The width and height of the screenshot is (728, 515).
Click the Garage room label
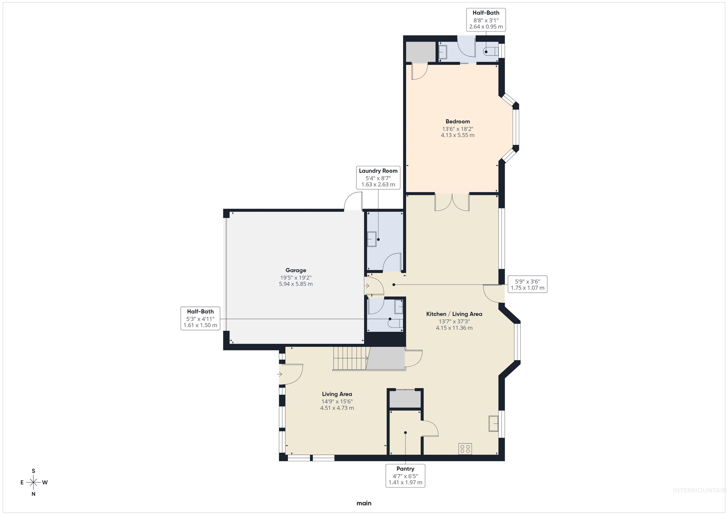[x=296, y=270]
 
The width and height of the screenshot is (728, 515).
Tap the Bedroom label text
[x=458, y=121]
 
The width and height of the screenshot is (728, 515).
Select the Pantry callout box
[x=405, y=475]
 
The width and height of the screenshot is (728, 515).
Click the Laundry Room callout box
[x=378, y=178]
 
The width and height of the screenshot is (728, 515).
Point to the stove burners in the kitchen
[x=465, y=449]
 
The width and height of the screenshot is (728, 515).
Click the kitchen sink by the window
[x=493, y=423]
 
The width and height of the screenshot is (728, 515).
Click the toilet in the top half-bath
[x=490, y=51]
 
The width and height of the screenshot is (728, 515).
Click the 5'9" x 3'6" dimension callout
[x=527, y=284]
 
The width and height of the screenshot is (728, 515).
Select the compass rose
[x=33, y=482]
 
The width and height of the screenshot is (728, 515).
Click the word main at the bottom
[x=364, y=503]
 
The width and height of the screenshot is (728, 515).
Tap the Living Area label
[x=337, y=394]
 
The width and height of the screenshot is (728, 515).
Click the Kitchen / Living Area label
[x=454, y=314]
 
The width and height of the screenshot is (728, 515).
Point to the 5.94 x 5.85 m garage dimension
[x=296, y=284]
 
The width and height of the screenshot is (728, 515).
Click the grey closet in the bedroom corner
[x=420, y=51]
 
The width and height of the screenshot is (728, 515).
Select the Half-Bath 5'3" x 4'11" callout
[x=200, y=318]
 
